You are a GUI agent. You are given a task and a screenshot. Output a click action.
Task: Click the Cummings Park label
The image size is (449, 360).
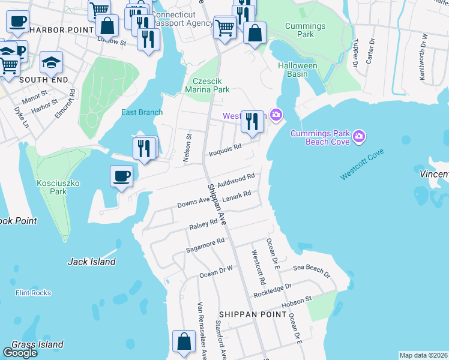click(305, 30)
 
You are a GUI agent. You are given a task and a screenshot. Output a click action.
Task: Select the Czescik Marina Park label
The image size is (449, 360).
click(211, 85)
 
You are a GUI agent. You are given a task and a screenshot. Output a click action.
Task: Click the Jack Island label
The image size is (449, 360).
click(91, 262)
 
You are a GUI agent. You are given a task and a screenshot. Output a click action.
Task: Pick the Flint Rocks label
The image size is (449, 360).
click(33, 293)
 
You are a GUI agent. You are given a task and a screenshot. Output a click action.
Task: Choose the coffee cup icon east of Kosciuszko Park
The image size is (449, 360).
click(121, 176)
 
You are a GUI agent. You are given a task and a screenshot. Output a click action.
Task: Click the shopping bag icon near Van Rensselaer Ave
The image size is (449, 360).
click(184, 341)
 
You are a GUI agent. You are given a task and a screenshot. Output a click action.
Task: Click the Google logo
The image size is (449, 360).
click(20, 353)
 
